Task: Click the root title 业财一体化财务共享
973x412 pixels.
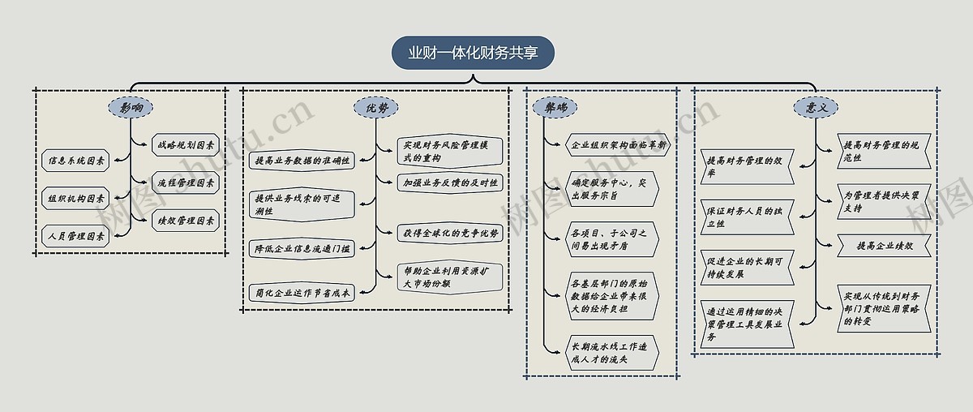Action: click(x=474, y=54)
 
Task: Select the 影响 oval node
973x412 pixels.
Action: click(x=131, y=107)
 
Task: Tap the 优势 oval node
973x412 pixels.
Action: click(x=376, y=107)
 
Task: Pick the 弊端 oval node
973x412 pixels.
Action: click(x=555, y=107)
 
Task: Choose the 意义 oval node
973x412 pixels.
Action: click(x=815, y=107)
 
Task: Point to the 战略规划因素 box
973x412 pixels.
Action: click(x=185, y=146)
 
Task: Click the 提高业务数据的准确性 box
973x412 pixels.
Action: click(x=302, y=161)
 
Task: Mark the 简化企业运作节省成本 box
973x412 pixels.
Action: click(x=302, y=293)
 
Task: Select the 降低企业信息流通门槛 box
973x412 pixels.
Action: click(x=302, y=249)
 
